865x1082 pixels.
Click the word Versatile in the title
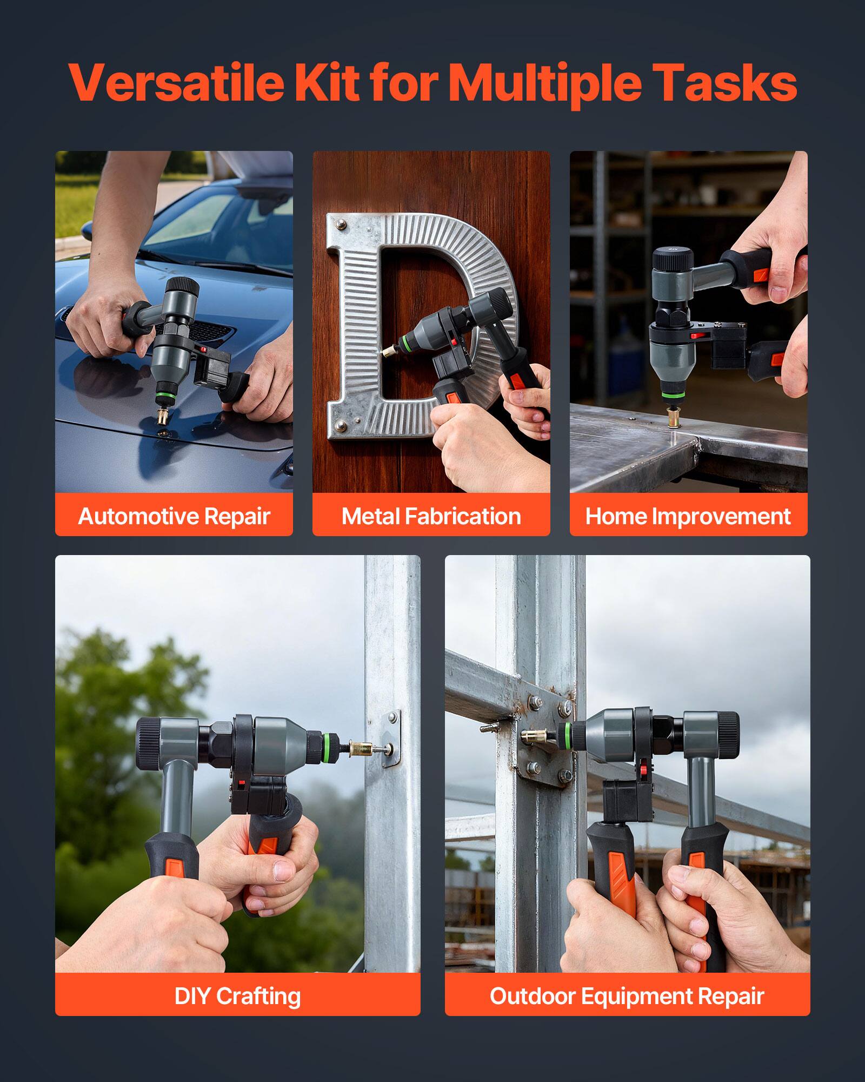176,82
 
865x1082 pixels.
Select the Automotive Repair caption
174,516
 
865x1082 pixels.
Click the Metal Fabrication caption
431,516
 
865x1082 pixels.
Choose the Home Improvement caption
688,516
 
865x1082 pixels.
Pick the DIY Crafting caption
237,996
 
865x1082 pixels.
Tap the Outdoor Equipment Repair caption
627,996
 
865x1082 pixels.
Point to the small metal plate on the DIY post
392,739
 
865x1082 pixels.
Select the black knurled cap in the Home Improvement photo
673,259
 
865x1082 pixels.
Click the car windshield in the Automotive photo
216,222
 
